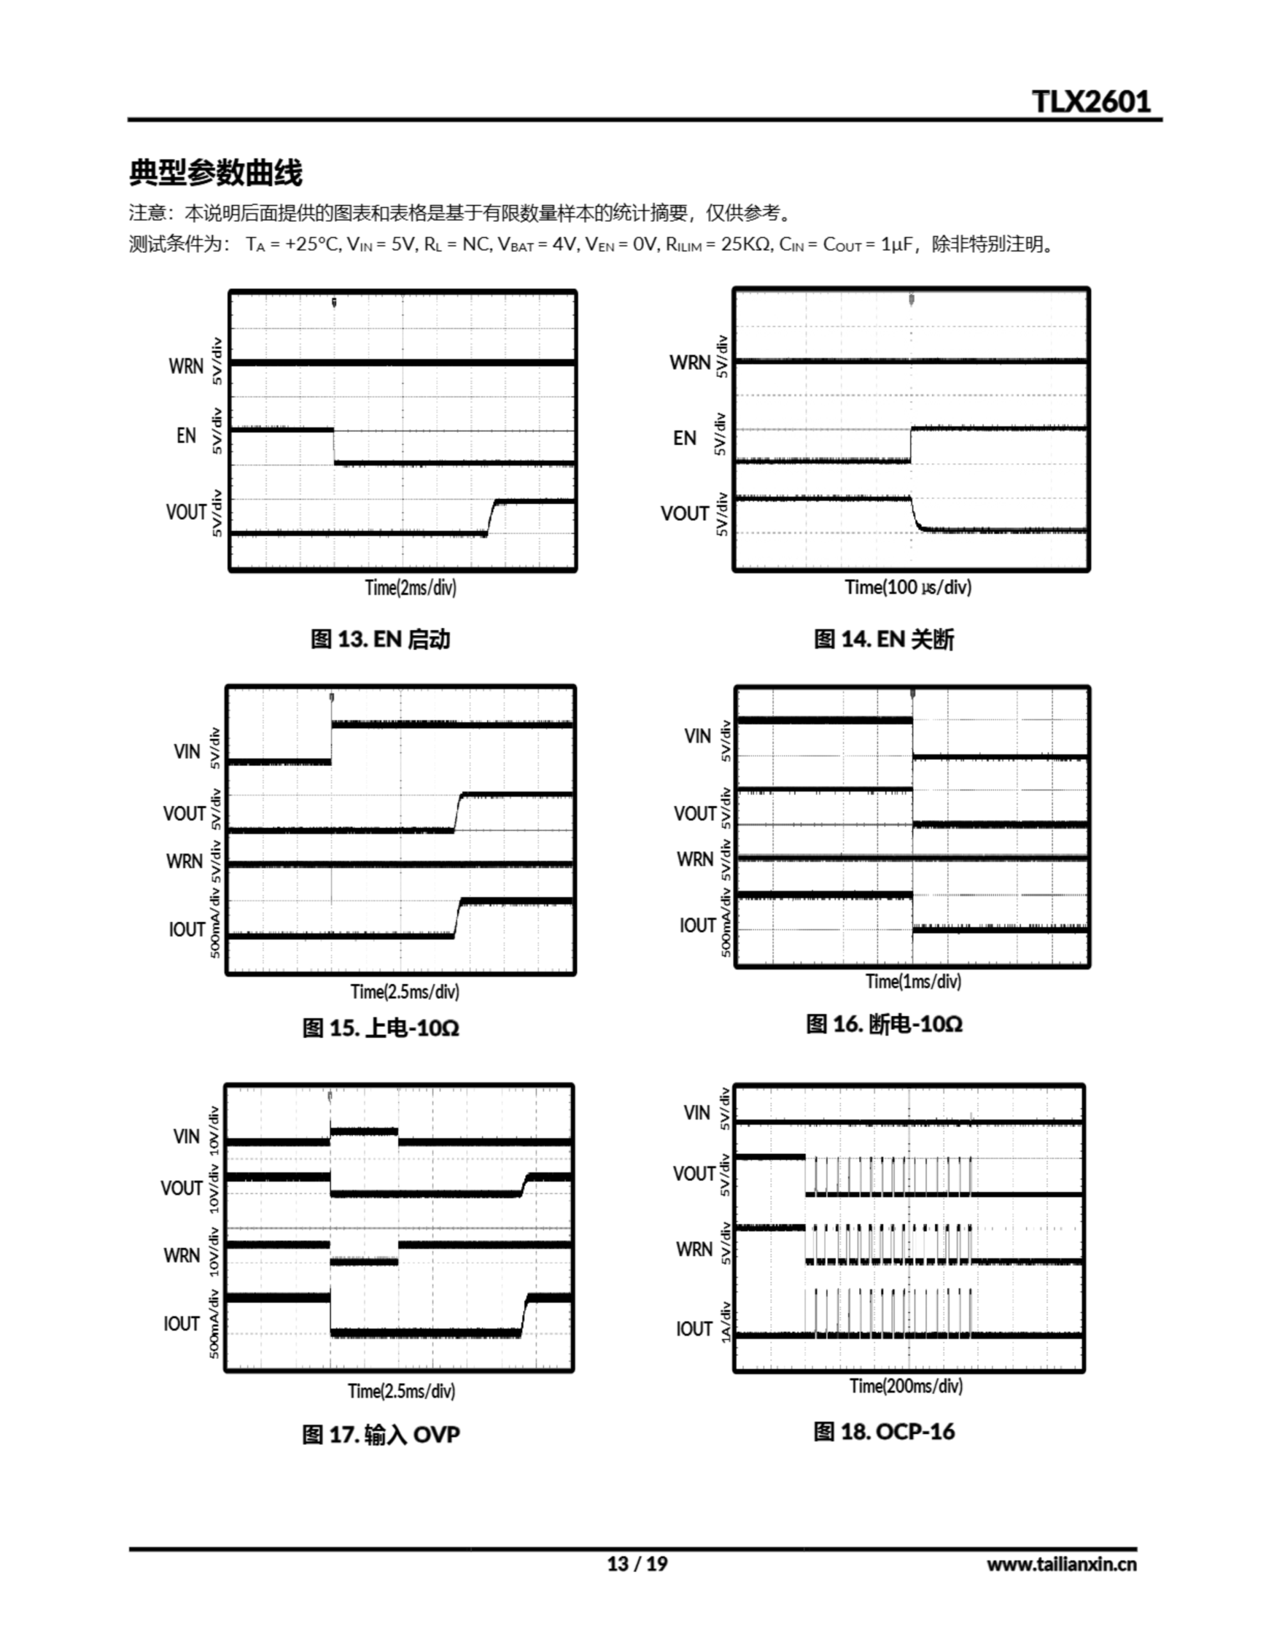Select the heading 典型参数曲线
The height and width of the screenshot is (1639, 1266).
[x=216, y=173]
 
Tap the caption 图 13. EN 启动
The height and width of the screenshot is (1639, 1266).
[x=380, y=640]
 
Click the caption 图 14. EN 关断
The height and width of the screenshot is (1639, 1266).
[x=884, y=640]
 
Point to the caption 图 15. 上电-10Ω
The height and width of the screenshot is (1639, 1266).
[x=380, y=1028]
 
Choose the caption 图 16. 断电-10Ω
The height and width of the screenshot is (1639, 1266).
[x=884, y=1024]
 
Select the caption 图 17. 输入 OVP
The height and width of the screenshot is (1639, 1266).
[x=380, y=1434]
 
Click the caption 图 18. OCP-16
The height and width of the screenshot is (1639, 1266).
[x=884, y=1431]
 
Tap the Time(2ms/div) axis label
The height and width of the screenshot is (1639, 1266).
[x=410, y=587]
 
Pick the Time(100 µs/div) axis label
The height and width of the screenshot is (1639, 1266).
[x=908, y=587]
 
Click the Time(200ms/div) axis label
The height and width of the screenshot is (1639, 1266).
[x=906, y=1386]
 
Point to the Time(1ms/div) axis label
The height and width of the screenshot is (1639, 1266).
[x=913, y=981]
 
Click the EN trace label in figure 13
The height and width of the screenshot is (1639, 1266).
[x=186, y=436]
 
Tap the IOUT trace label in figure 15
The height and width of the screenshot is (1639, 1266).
[x=187, y=930]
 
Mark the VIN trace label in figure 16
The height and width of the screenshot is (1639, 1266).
[x=697, y=736]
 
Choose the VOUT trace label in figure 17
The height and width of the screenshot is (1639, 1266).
[x=182, y=1189]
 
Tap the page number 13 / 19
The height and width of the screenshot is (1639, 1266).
[x=637, y=1563]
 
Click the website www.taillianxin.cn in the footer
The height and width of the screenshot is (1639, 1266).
[x=1061, y=1563]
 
